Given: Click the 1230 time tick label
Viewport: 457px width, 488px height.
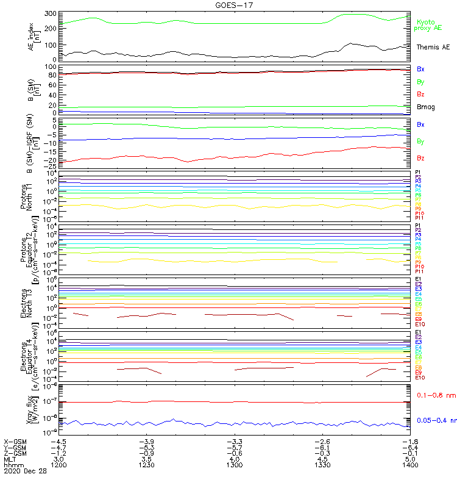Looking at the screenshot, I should pos(146,465).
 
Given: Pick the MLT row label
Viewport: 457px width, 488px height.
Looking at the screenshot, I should pos(10,459).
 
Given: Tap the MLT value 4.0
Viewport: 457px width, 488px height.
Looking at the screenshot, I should pos(234,459).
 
